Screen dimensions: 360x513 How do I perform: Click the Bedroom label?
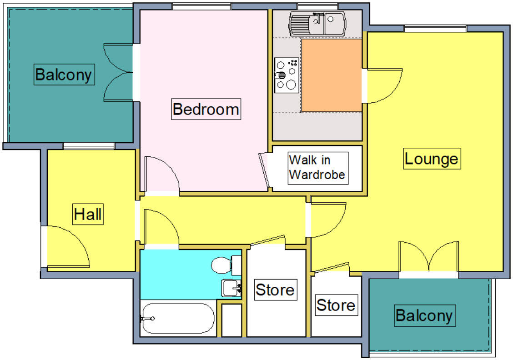(206, 110)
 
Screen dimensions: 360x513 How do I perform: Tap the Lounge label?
(431, 159)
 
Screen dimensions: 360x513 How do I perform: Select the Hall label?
(88, 214)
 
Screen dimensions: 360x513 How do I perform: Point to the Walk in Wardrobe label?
(317, 168)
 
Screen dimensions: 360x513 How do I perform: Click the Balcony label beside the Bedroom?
(64, 74)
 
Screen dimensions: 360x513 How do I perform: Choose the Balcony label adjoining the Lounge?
(424, 315)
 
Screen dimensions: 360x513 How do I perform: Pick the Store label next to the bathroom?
(275, 290)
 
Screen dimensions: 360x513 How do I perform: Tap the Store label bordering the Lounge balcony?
(336, 305)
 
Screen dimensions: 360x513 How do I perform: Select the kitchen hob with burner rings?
(287, 75)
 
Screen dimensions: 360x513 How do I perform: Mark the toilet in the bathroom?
(226, 265)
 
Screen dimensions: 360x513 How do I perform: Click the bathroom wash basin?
(231, 287)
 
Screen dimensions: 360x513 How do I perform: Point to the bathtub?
(177, 318)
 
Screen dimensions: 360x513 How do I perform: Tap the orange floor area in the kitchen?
(332, 75)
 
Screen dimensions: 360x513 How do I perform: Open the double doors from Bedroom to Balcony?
(119, 72)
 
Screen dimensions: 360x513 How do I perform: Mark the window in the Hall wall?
(88, 146)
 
